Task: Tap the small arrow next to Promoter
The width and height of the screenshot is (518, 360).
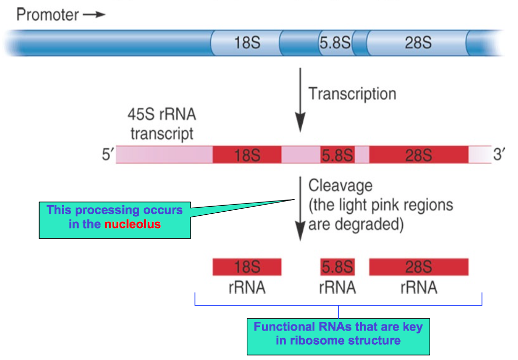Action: coord(94,15)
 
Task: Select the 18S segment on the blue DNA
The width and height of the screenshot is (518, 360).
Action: coord(247,43)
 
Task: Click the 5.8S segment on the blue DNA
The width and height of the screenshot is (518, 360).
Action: coord(335,43)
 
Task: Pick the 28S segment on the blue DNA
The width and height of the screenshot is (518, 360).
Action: coord(418,43)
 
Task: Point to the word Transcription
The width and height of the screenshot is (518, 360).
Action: coord(352,94)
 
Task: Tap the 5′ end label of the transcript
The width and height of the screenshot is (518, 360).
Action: coord(106,154)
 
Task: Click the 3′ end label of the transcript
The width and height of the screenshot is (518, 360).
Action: coord(500,154)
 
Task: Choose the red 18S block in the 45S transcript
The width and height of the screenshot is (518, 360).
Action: coord(247,155)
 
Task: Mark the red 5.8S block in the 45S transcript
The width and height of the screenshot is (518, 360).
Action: coord(337,155)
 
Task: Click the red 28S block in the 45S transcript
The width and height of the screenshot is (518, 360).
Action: coord(418,155)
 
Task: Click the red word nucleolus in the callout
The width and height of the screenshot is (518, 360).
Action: coord(133,223)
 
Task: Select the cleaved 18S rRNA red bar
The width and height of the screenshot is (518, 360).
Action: coord(247,267)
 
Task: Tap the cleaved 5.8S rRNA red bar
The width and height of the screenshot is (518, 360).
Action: coord(337,267)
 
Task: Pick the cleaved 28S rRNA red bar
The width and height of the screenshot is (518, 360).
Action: coord(418,267)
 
